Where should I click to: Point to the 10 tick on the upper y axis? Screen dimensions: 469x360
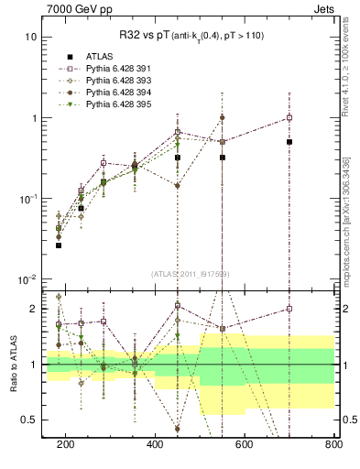click(31, 38)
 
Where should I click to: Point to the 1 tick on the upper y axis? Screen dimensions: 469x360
click(34, 118)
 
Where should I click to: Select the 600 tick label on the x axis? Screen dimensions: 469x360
click(245, 444)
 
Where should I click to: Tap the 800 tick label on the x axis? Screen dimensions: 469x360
click(333, 444)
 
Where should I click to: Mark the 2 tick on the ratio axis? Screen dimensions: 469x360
click(34, 309)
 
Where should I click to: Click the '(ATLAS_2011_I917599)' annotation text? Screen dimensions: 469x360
click(190, 273)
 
